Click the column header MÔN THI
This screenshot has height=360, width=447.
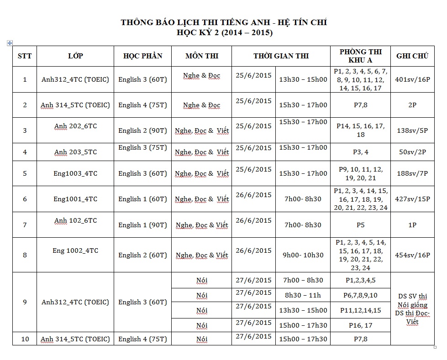[202, 56]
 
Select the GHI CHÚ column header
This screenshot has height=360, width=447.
[412, 56]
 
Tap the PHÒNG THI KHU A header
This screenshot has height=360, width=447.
[360, 56]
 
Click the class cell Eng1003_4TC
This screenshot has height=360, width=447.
[75, 173]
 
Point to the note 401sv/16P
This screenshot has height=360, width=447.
[412, 79]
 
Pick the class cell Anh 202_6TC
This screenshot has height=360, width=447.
[75, 126]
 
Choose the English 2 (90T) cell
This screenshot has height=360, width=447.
[142, 130]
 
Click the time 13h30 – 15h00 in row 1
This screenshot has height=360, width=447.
[303, 79]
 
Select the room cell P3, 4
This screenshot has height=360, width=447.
[360, 152]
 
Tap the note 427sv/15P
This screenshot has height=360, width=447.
[412, 199]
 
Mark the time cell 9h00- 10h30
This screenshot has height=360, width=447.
[303, 255]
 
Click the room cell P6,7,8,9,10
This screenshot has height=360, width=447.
[360, 295]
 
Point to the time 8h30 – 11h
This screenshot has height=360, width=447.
[303, 295]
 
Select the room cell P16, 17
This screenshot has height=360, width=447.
[360, 325]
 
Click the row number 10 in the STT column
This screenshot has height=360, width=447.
[25, 339]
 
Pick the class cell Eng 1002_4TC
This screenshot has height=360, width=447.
[75, 250]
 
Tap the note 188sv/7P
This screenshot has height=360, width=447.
[412, 173]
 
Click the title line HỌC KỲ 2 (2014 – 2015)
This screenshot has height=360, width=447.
[224, 33]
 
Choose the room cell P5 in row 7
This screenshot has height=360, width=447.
[360, 225]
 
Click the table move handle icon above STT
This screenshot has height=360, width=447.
[10, 43]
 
